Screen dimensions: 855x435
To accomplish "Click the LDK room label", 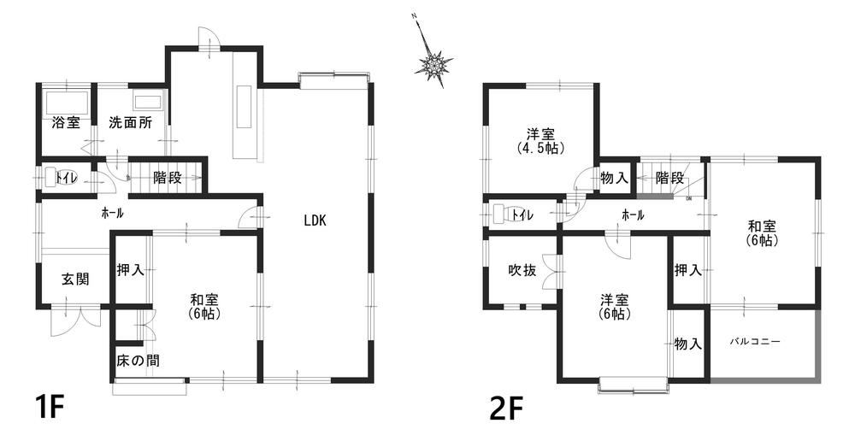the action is click(x=315, y=220).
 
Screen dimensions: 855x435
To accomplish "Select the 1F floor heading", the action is click(x=50, y=406).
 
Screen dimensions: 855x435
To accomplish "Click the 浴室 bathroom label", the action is click(x=66, y=123).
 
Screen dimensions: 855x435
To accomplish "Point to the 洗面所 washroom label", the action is click(x=130, y=123).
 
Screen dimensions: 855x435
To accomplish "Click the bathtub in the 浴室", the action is click(x=67, y=102).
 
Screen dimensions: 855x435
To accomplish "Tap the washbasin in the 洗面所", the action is click(x=147, y=103).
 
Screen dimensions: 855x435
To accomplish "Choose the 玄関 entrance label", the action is click(x=74, y=279).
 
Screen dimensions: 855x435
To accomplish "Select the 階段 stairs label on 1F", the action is click(x=167, y=178).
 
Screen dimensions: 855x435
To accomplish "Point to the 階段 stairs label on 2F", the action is click(x=669, y=178).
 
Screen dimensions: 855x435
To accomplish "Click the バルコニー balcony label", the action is click(x=755, y=342).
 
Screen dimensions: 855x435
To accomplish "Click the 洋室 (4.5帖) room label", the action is click(x=540, y=141).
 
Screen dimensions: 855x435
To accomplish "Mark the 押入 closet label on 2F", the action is click(x=687, y=269).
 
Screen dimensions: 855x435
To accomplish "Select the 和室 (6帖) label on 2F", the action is click(x=762, y=232).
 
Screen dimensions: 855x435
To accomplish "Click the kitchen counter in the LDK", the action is click(x=245, y=107).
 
